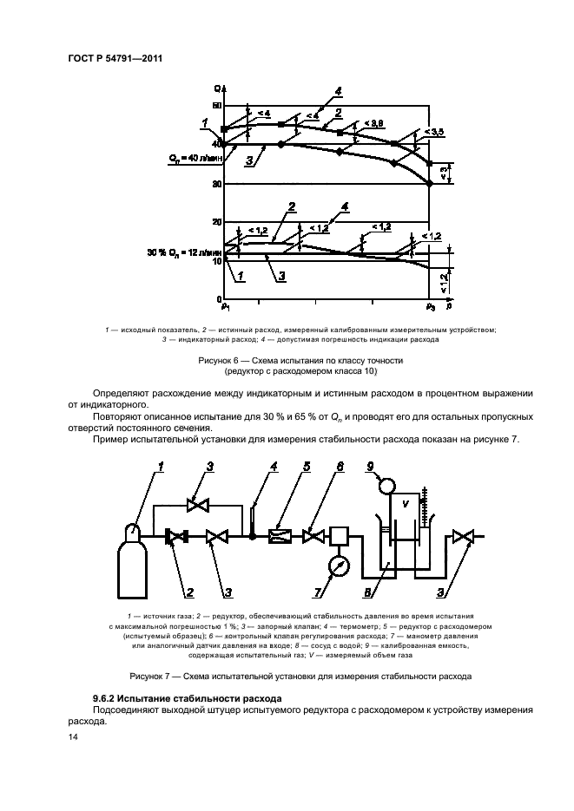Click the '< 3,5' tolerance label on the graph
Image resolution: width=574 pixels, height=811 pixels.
[433, 132]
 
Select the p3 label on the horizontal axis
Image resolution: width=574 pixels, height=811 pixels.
[430, 306]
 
